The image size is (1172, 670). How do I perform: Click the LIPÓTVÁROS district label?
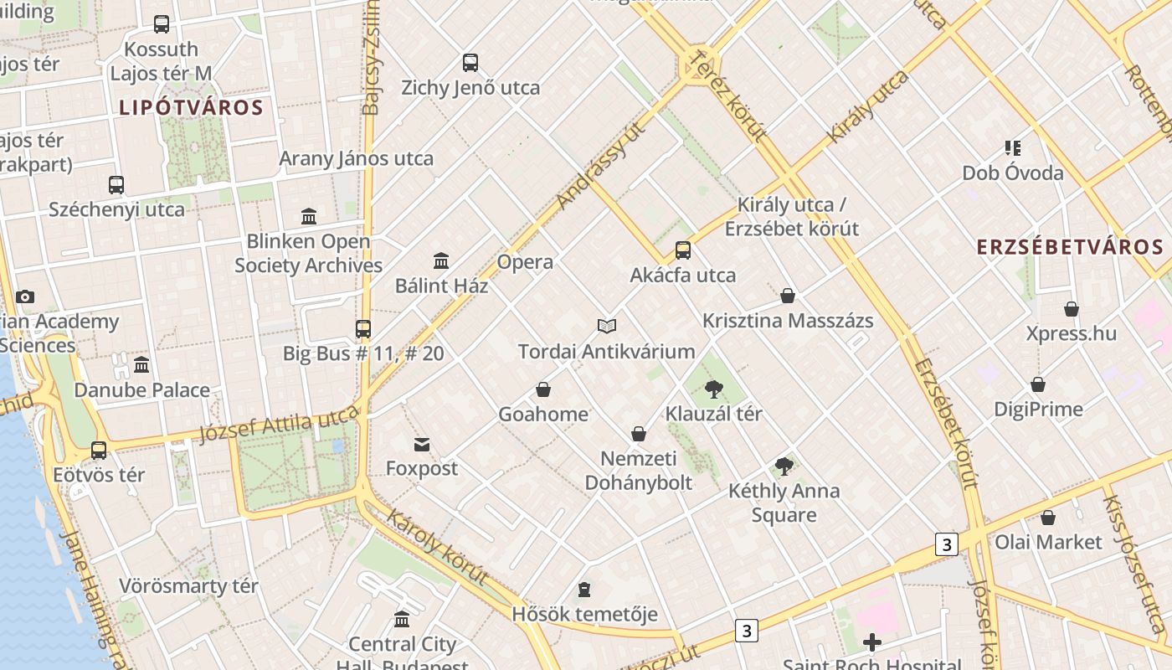[x=191, y=107]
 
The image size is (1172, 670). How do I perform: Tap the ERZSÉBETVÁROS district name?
[x=1070, y=247]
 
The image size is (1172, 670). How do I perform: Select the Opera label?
[x=525, y=262]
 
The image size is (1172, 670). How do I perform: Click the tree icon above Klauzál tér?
[x=713, y=389]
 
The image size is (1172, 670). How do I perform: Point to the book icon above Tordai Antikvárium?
[x=607, y=326]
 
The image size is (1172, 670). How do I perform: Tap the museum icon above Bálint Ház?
[x=441, y=260]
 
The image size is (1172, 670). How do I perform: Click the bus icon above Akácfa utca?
[x=683, y=250]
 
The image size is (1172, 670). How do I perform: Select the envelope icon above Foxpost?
[x=422, y=445]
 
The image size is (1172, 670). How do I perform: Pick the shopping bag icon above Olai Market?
[x=1047, y=518]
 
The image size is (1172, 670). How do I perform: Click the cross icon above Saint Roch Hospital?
[x=872, y=642]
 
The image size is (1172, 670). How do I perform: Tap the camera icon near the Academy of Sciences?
[x=25, y=296]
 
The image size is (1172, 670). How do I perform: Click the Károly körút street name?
[x=437, y=545]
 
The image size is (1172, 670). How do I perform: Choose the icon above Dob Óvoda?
[x=1013, y=148]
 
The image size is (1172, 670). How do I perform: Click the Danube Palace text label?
[x=141, y=390]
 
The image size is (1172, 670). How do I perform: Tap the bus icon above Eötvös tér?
[x=99, y=451]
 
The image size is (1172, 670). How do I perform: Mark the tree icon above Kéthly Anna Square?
[x=784, y=466]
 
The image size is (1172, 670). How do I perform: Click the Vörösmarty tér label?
[x=188, y=586]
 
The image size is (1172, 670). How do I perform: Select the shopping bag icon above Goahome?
[x=543, y=389]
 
